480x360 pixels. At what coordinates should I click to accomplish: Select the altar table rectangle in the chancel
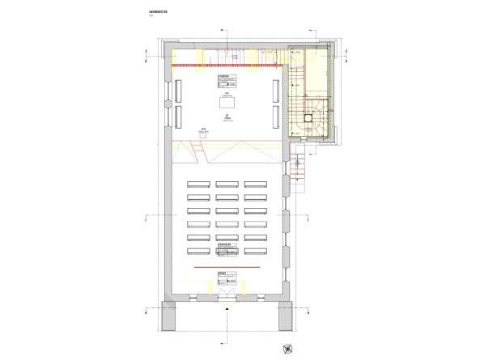point(227,102)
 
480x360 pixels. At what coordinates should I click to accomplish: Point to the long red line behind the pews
point(227,265)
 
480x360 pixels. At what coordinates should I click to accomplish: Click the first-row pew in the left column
point(198,184)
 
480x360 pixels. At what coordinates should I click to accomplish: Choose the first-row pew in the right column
point(256,184)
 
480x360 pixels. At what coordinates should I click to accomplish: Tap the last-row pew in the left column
point(198,252)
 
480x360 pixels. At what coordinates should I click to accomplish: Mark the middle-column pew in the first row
point(227,184)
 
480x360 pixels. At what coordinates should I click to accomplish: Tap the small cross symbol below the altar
point(227,116)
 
